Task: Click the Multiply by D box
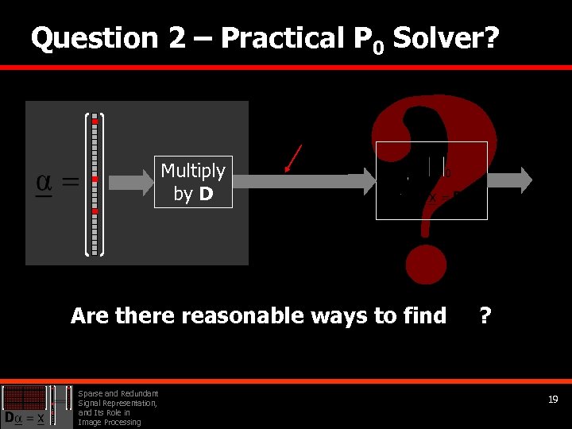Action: [193, 182]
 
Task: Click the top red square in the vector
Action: [95, 121]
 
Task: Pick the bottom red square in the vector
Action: [95, 211]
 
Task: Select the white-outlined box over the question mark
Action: [431, 180]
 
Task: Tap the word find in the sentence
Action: [424, 316]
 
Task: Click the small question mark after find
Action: [484, 315]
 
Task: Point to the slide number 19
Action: [553, 400]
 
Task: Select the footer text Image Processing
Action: [109, 422]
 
